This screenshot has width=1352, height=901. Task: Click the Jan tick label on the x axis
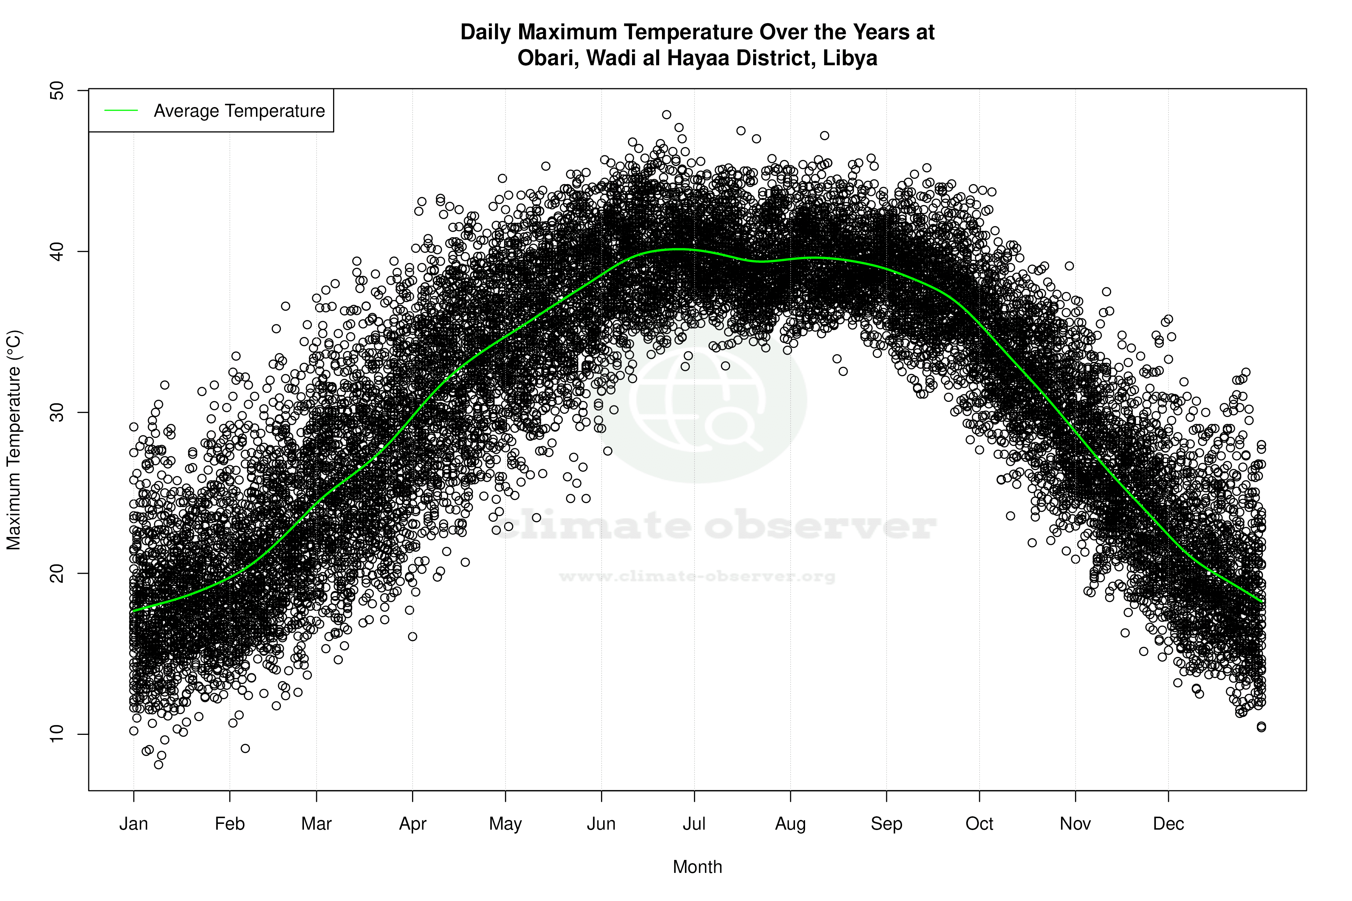pyautogui.click(x=133, y=824)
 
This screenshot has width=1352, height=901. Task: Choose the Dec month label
pyautogui.click(x=1168, y=824)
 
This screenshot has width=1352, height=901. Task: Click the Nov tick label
pyautogui.click(x=1075, y=824)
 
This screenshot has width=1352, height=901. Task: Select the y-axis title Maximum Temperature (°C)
pyautogui.click(x=14, y=440)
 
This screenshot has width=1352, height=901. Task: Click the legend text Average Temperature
pyautogui.click(x=239, y=111)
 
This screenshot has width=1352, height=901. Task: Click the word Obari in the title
pyautogui.click(x=547, y=58)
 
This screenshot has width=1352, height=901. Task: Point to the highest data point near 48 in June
pyautogui.click(x=666, y=114)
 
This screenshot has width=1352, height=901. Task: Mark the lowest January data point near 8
pyautogui.click(x=159, y=764)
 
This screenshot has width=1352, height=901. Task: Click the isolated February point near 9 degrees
pyautogui.click(x=246, y=748)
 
